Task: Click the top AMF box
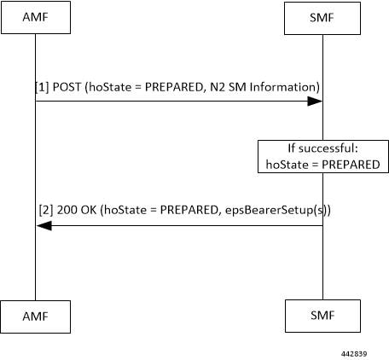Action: click(x=36, y=17)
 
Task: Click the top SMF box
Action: click(x=322, y=18)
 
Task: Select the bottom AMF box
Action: click(x=36, y=316)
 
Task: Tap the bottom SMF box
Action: click(x=322, y=316)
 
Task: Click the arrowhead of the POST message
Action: click(x=315, y=101)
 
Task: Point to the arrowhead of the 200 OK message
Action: click(x=44, y=226)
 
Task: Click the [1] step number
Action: click(x=42, y=87)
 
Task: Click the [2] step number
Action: click(x=46, y=210)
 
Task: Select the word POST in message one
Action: click(x=67, y=87)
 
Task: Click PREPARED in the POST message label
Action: click(x=174, y=87)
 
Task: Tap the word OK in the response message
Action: click(x=89, y=210)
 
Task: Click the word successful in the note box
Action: click(x=328, y=148)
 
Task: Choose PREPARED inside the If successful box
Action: click(x=351, y=165)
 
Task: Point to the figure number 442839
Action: click(x=354, y=354)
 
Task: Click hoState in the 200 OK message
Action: click(x=125, y=210)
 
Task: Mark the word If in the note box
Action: click(x=292, y=148)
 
